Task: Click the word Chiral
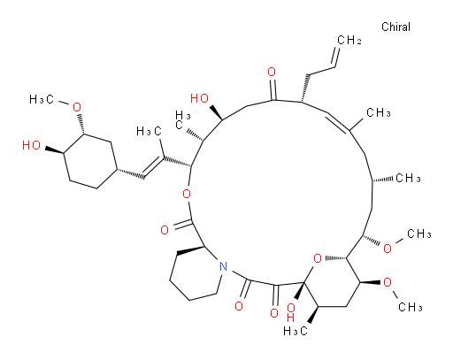click(x=395, y=27)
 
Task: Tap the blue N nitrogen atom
click(x=224, y=266)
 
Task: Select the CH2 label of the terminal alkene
click(x=349, y=40)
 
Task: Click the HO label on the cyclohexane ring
click(x=31, y=145)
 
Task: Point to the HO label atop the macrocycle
click(x=199, y=98)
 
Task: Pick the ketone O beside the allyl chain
click(x=272, y=72)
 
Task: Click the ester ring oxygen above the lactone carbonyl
click(x=187, y=194)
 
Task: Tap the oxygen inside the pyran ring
click(x=318, y=258)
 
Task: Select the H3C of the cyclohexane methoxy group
click(x=42, y=100)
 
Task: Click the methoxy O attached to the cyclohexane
click(x=77, y=107)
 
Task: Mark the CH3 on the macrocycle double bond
click(x=379, y=112)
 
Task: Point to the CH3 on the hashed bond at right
click(x=408, y=178)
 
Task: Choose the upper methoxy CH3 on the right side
click(x=419, y=234)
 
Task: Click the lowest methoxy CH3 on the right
click(x=411, y=307)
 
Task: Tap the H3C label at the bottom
click(x=296, y=331)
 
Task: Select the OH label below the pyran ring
click(x=291, y=312)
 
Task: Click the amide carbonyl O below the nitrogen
click(x=239, y=306)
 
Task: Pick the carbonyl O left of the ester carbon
click(x=165, y=230)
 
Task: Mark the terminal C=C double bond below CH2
click(x=335, y=57)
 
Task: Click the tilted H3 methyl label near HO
click(x=183, y=120)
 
